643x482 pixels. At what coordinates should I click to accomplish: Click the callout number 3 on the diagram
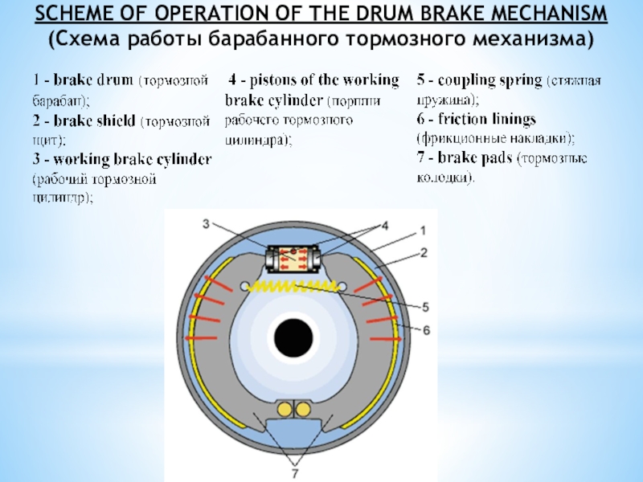pos(206,223)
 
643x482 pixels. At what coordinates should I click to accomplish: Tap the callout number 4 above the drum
pos(384,225)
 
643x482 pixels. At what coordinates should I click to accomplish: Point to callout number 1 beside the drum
pos(421,231)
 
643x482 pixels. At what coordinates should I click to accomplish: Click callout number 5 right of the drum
pos(425,306)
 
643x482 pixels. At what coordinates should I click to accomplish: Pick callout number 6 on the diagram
pos(426,329)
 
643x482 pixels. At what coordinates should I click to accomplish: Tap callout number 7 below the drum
pos(294,474)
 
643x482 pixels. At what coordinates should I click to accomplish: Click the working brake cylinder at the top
pos(294,260)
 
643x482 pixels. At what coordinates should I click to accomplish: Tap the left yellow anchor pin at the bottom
pos(284,410)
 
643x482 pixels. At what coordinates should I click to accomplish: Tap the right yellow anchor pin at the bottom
pos(303,410)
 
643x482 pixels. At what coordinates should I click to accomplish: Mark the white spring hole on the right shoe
pos(343,286)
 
